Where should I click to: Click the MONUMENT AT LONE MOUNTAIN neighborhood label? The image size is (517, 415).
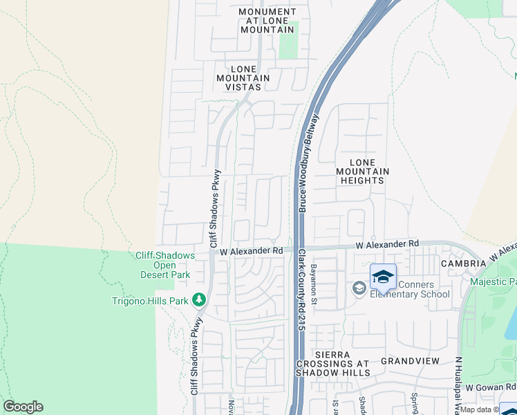pyautogui.click(x=267, y=21)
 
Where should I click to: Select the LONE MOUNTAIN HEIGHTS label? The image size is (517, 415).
pyautogui.click(x=363, y=176)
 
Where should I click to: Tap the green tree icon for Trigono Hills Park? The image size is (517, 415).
pyautogui.click(x=199, y=300)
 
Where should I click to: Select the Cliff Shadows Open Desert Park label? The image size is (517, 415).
pyautogui.click(x=164, y=265)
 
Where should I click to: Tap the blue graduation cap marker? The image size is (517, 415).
pyautogui.click(x=383, y=277)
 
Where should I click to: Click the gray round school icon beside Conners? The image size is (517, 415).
pyautogui.click(x=359, y=288)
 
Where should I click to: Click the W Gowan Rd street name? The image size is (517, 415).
pyautogui.click(x=491, y=387)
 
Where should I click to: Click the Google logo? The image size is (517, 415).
pyautogui.click(x=23, y=407)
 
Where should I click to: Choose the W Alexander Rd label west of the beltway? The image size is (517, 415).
pyautogui.click(x=252, y=251)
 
